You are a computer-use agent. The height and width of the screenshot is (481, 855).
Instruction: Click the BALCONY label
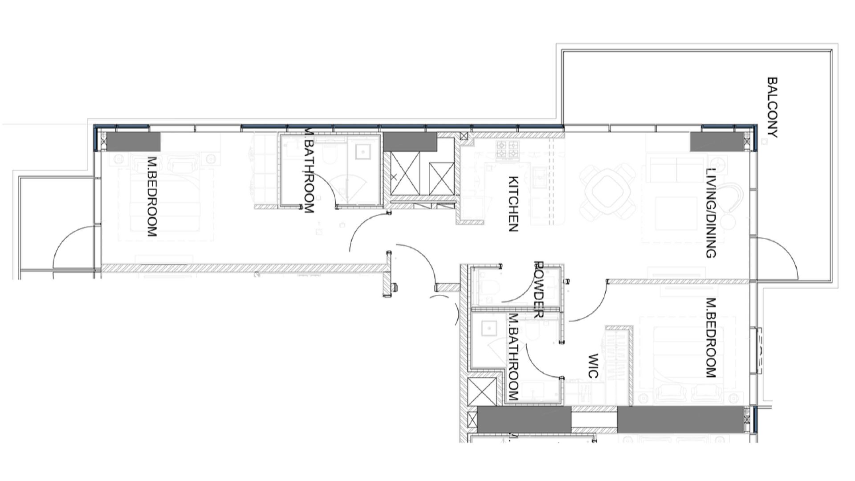point(773,108)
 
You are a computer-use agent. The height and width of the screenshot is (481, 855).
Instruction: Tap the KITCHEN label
point(513,204)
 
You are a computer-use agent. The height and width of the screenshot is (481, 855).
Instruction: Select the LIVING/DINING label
point(711,213)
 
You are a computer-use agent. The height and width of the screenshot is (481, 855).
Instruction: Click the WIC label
point(593,366)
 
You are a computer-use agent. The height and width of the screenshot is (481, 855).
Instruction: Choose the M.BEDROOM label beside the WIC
point(711,338)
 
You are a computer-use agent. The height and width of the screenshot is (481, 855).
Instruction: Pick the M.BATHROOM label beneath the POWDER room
point(513,357)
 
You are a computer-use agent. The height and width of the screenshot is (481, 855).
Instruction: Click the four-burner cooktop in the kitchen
point(508,150)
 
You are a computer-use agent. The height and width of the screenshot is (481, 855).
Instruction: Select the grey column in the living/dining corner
point(717,142)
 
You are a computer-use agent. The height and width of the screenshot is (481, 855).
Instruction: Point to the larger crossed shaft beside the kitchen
point(405,173)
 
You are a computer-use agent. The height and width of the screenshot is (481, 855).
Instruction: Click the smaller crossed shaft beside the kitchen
point(441,179)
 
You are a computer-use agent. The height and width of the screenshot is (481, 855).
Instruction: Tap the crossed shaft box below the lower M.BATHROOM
point(482,391)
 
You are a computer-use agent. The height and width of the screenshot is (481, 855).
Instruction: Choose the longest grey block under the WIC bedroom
point(680,420)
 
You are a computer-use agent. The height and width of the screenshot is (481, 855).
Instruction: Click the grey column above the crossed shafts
point(410,142)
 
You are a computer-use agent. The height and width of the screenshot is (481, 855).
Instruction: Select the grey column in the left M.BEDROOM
point(133,142)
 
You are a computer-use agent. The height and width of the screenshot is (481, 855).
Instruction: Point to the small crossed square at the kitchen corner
point(464,136)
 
